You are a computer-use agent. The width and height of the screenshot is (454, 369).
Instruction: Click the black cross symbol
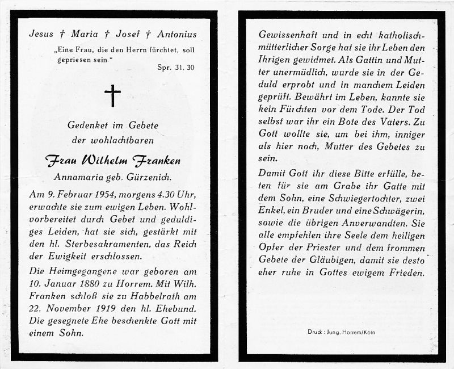(113, 95)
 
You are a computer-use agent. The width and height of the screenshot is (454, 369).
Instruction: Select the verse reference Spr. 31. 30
(175, 67)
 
